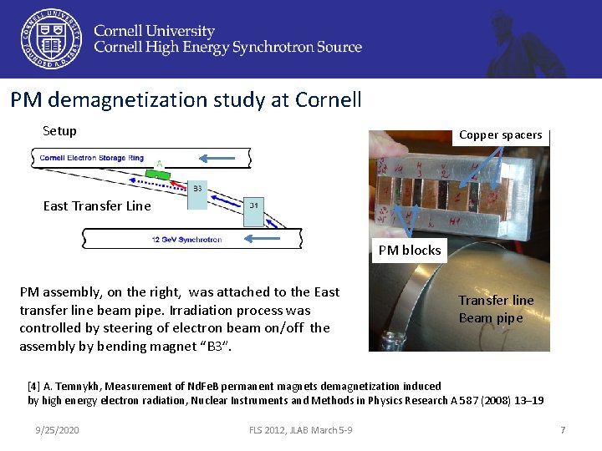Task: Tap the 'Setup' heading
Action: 59,131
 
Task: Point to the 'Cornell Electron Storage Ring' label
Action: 92,158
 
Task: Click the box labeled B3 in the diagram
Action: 198,189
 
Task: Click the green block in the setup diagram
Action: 158,175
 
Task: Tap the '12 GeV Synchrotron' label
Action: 186,240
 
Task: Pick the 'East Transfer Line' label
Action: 97,206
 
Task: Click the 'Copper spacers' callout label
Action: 500,134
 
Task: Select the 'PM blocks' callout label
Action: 410,251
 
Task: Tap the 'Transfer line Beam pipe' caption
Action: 496,309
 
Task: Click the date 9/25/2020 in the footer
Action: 58,429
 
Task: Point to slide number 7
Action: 563,429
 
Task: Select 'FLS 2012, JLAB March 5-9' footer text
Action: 300,429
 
